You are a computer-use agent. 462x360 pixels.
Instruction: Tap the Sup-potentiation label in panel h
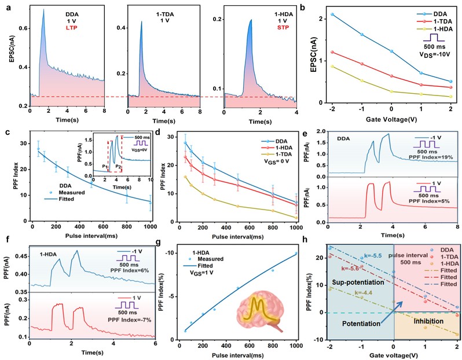tap(359, 269)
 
